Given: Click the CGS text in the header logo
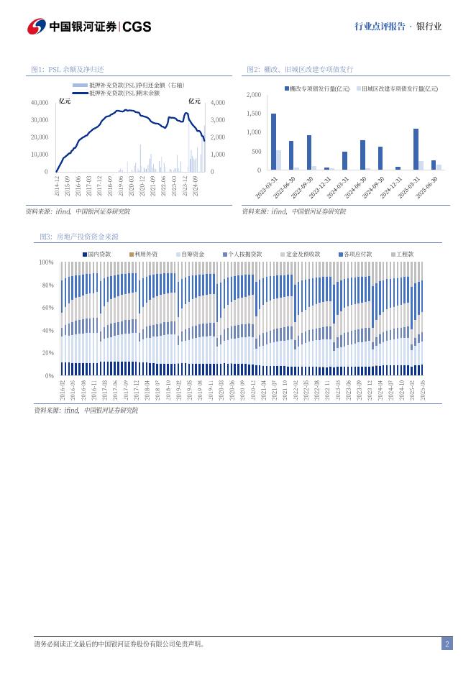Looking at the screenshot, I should pyautogui.click(x=137, y=27).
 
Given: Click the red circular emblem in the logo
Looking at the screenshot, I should pyautogui.click(x=37, y=27).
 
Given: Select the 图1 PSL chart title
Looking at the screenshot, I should pyautogui.click(x=68, y=69).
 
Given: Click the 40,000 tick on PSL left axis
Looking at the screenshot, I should pyautogui.click(x=40, y=103).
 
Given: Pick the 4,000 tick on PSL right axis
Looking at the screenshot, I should pyautogui.click(x=217, y=103).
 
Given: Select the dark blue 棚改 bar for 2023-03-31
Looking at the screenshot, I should pyautogui.click(x=273, y=142).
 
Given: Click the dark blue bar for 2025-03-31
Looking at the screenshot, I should pyautogui.click(x=416, y=149).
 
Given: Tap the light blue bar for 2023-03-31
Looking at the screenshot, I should pyautogui.click(x=279, y=160).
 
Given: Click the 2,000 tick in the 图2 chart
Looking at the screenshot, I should pyautogui.click(x=253, y=95).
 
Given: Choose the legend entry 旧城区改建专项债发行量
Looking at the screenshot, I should pyautogui.click(x=400, y=88).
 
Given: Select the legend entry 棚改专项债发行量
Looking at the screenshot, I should pyautogui.click(x=319, y=88).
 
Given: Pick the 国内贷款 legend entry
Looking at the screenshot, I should pyautogui.click(x=99, y=254).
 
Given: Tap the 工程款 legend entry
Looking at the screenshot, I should pyautogui.click(x=405, y=254).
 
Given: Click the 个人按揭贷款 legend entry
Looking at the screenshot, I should pyautogui.click(x=245, y=254).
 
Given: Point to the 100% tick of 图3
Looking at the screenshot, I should pyautogui.click(x=47, y=263).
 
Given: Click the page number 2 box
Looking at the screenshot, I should pyautogui.click(x=447, y=644).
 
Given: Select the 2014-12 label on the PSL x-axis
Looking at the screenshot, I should pyautogui.click(x=58, y=186).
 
